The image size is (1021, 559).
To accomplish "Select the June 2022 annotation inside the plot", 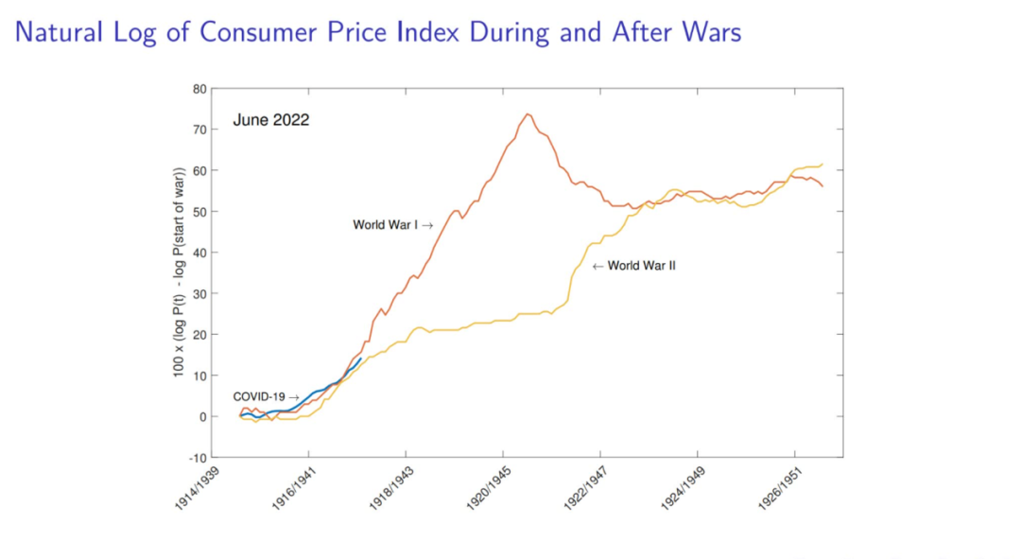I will tap(271, 120).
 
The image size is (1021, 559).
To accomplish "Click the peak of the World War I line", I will tap(528, 114).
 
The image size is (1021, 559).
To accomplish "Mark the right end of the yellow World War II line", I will tap(822, 164).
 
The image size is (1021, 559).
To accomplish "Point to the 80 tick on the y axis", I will tap(199, 89).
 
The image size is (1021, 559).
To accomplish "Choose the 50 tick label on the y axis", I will tap(199, 212).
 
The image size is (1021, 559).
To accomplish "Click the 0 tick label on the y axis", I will tap(202, 417).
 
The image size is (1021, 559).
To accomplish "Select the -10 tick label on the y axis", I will tap(198, 458).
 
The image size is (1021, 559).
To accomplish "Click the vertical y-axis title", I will tap(178, 273).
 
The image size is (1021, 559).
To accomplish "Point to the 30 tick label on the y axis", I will tap(199, 294).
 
